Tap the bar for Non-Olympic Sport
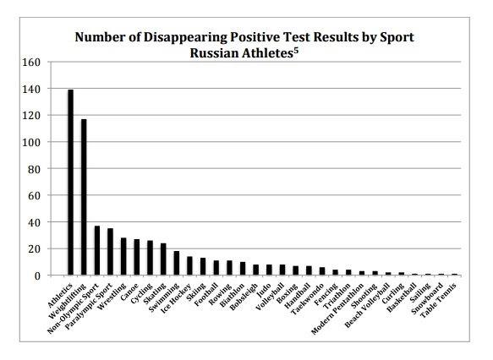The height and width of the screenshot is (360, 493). point(96,250)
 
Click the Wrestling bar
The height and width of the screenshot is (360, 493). point(123,256)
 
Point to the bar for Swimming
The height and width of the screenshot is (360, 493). point(176,263)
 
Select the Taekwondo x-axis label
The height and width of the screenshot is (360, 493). point(308,294)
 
